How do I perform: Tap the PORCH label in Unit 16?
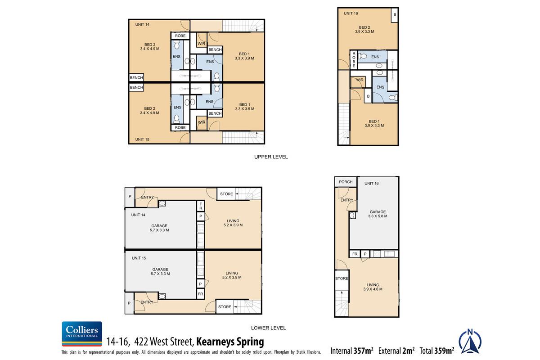point(346,182)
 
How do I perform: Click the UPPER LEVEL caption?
point(271,157)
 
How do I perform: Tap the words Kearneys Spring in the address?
point(230,342)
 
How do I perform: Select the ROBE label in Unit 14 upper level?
point(180,36)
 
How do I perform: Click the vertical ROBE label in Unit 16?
point(354,60)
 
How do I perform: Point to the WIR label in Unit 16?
point(360,80)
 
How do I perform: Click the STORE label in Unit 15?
point(225,307)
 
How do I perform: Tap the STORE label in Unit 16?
point(342,279)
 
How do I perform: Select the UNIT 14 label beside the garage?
point(139,215)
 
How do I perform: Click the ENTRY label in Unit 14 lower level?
point(148,198)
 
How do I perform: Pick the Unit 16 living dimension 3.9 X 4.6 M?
point(373,289)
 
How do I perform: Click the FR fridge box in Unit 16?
point(355,254)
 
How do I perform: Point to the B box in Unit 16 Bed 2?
point(395,15)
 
